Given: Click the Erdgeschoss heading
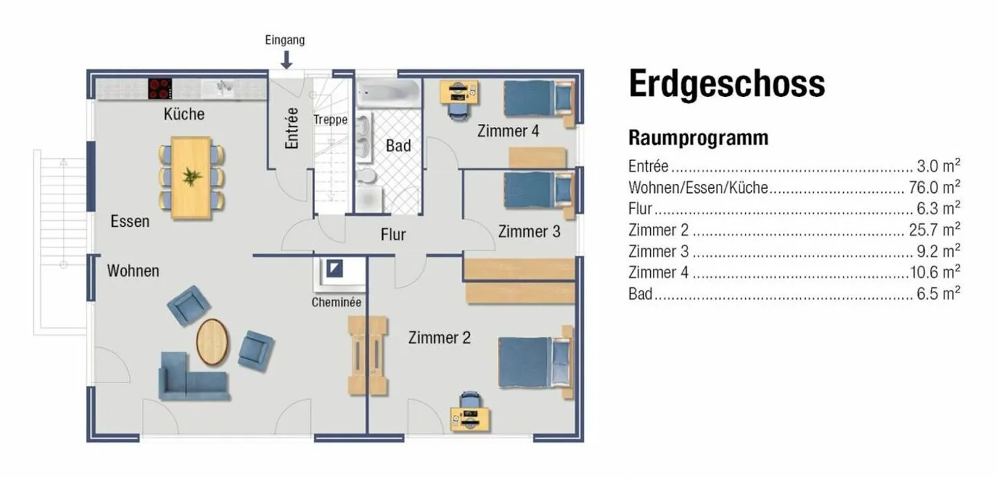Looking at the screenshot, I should pyautogui.click(x=726, y=84).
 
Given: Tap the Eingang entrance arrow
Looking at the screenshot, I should pyautogui.click(x=287, y=60).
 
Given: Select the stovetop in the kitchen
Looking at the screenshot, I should pyautogui.click(x=160, y=89).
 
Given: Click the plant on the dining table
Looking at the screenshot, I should pyautogui.click(x=191, y=176).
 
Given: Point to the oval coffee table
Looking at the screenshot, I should pyautogui.click(x=213, y=342).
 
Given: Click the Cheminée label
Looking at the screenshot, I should pyautogui.click(x=336, y=302).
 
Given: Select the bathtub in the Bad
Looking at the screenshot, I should pyautogui.click(x=388, y=93).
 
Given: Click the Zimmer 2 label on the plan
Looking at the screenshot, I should pyautogui.click(x=439, y=338).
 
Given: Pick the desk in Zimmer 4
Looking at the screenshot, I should pyautogui.click(x=458, y=92).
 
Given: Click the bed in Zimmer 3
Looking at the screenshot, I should pyautogui.click(x=539, y=190).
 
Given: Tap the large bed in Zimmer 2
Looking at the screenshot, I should pyautogui.click(x=535, y=362).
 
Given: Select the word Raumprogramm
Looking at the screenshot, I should pyautogui.click(x=698, y=138).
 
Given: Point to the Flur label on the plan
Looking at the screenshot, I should pyautogui.click(x=393, y=235).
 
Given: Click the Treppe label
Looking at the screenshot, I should pyautogui.click(x=330, y=120).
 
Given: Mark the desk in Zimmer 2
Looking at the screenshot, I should pyautogui.click(x=471, y=417).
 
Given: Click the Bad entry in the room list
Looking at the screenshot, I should pyautogui.click(x=640, y=294).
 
